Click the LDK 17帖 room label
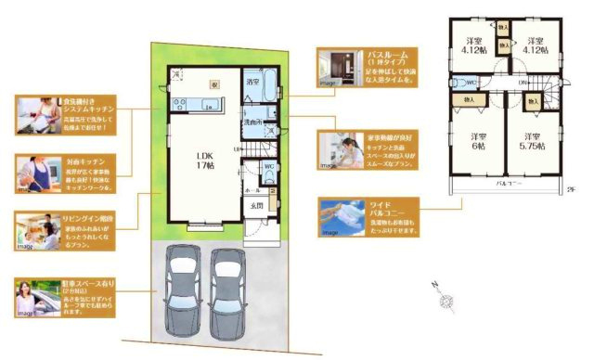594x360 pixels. [203, 160]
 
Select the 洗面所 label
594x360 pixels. [253, 122]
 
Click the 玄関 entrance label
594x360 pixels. [258, 206]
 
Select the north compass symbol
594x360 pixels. [445, 297]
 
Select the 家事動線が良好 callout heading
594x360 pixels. [391, 136]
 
